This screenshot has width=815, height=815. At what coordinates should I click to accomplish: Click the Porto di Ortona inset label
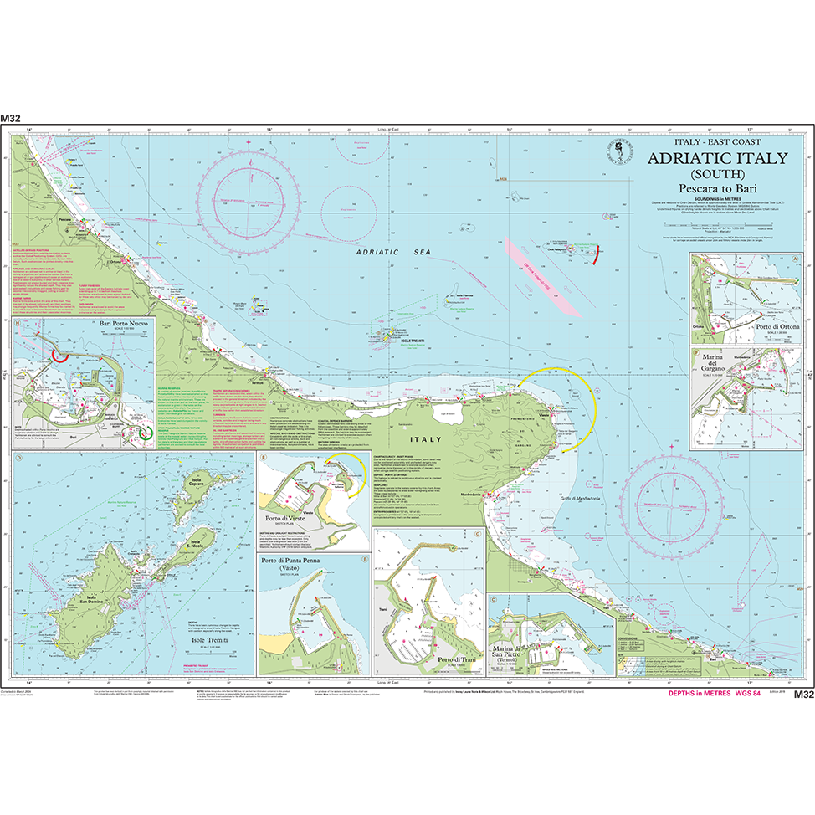[777, 325]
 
